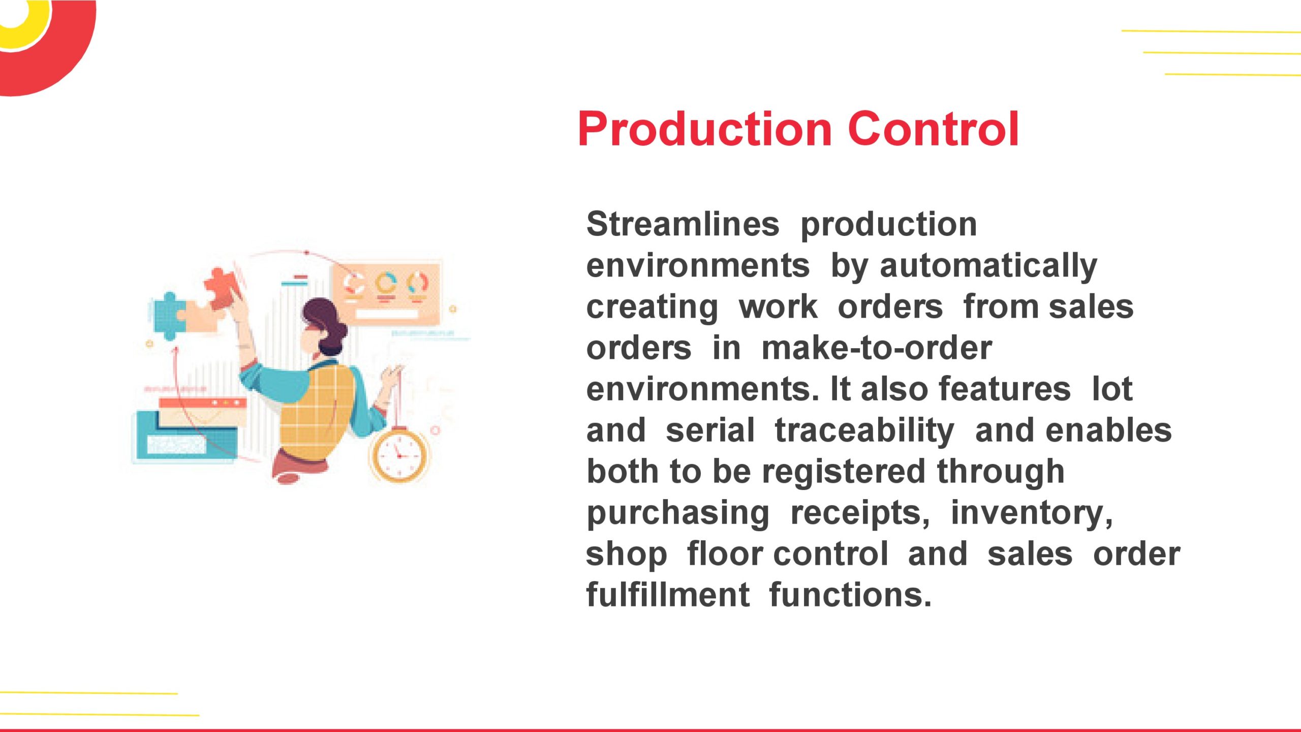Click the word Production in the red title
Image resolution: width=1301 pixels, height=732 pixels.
point(704,129)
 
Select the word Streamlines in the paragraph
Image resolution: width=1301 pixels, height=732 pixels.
point(683,224)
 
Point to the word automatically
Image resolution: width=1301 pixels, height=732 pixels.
point(988,266)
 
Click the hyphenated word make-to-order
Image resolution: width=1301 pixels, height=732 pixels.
point(876,348)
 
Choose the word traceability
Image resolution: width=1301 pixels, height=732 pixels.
point(864,431)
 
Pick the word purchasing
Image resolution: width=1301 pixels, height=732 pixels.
point(678,513)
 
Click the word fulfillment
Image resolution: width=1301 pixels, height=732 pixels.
point(667,595)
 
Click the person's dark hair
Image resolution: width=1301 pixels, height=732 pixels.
point(325,318)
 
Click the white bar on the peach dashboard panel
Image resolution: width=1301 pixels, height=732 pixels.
point(386,314)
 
